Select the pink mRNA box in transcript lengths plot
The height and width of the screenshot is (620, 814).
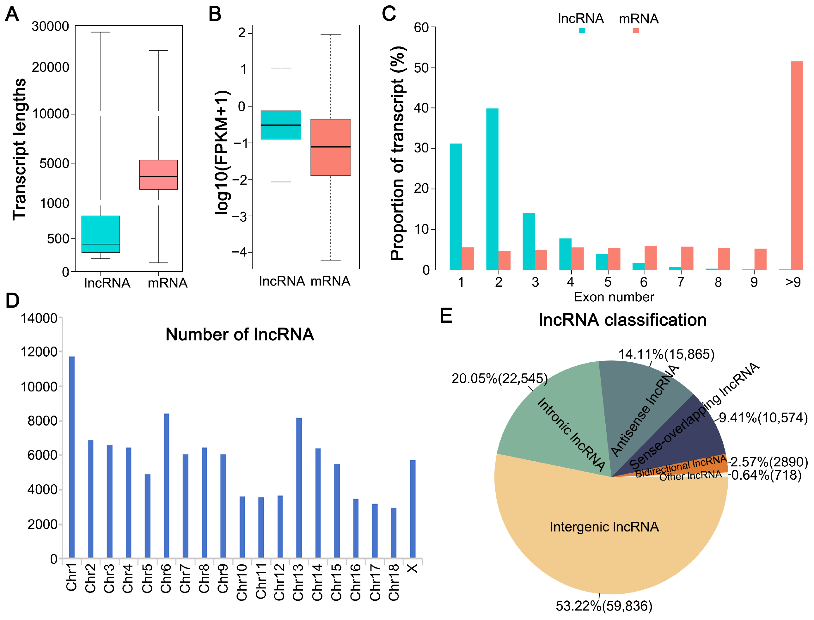point(158,175)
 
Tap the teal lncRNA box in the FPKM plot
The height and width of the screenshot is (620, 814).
point(280,125)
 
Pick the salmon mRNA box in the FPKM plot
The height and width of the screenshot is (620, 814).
point(330,147)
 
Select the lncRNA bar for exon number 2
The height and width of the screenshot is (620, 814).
point(492,189)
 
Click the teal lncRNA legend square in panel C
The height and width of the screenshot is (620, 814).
point(582,31)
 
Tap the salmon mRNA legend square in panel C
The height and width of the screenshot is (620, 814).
point(635,31)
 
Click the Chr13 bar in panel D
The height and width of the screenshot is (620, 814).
point(298,487)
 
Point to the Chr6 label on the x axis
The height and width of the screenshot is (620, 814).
point(166,578)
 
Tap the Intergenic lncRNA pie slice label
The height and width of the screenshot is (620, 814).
point(604,527)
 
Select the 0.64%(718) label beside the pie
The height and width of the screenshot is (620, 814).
point(766,475)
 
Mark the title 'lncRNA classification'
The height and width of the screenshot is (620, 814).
point(622,320)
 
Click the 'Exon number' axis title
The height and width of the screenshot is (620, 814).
point(613,297)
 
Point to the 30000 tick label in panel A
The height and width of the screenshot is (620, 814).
point(50,27)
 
